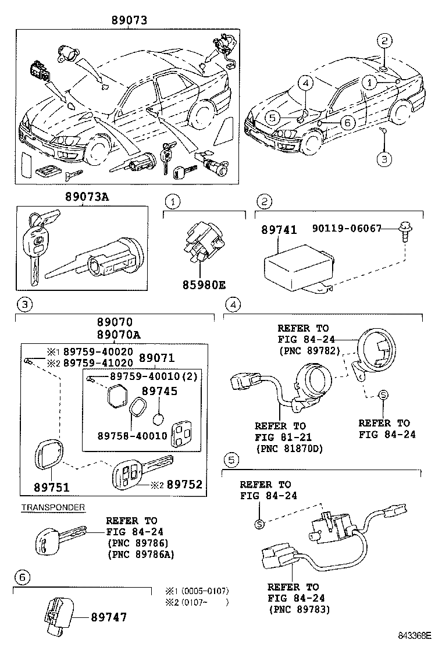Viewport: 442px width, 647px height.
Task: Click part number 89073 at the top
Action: coord(129,20)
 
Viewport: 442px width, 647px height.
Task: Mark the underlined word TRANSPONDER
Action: coord(53,507)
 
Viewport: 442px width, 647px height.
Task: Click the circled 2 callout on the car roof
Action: coord(384,40)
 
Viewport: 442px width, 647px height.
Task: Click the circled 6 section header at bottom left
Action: coord(22,577)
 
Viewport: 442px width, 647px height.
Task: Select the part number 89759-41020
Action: coord(98,362)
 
